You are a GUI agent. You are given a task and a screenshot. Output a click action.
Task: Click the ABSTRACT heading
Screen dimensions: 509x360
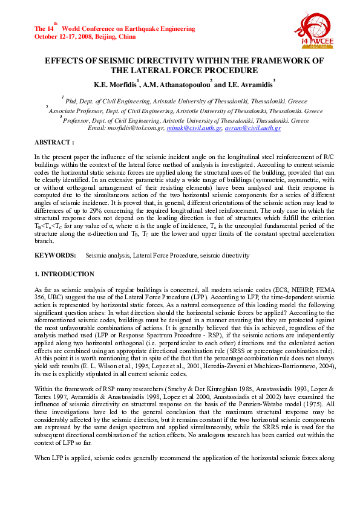click(54, 143)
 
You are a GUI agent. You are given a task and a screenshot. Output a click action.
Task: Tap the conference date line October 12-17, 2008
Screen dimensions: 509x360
click(85, 36)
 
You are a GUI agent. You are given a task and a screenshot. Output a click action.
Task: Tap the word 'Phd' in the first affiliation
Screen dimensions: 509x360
click(71, 103)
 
